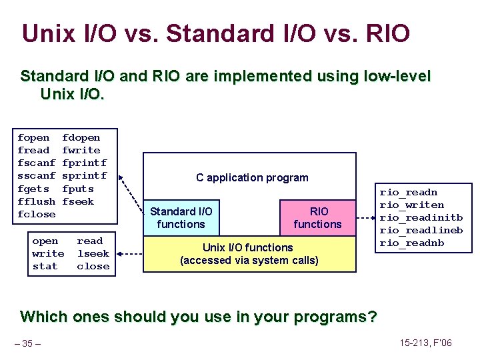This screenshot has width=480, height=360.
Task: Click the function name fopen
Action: click(x=33, y=138)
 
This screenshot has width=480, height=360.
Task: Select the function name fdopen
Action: click(x=81, y=138)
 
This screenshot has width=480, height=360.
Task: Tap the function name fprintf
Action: click(x=84, y=163)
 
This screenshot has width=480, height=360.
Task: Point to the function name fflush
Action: click(x=36, y=201)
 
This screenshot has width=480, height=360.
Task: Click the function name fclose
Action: click(x=36, y=214)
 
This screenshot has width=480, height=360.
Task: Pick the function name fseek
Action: click(x=78, y=201)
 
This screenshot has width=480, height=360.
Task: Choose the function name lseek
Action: click(x=93, y=254)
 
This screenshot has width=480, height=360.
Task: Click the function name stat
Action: click(x=45, y=267)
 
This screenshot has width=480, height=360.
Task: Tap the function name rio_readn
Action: click(x=409, y=193)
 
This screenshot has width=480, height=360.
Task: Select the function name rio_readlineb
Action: click(x=421, y=231)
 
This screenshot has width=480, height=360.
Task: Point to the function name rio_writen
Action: click(x=412, y=205)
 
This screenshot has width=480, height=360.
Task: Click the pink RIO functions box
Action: click(x=317, y=218)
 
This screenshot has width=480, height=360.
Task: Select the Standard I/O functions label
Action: click(x=181, y=218)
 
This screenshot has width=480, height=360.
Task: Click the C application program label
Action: click(x=252, y=178)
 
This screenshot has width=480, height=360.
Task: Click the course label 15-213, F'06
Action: click(x=426, y=343)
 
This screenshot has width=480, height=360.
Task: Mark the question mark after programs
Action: click(x=371, y=317)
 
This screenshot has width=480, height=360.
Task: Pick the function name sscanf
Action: click(x=36, y=176)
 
